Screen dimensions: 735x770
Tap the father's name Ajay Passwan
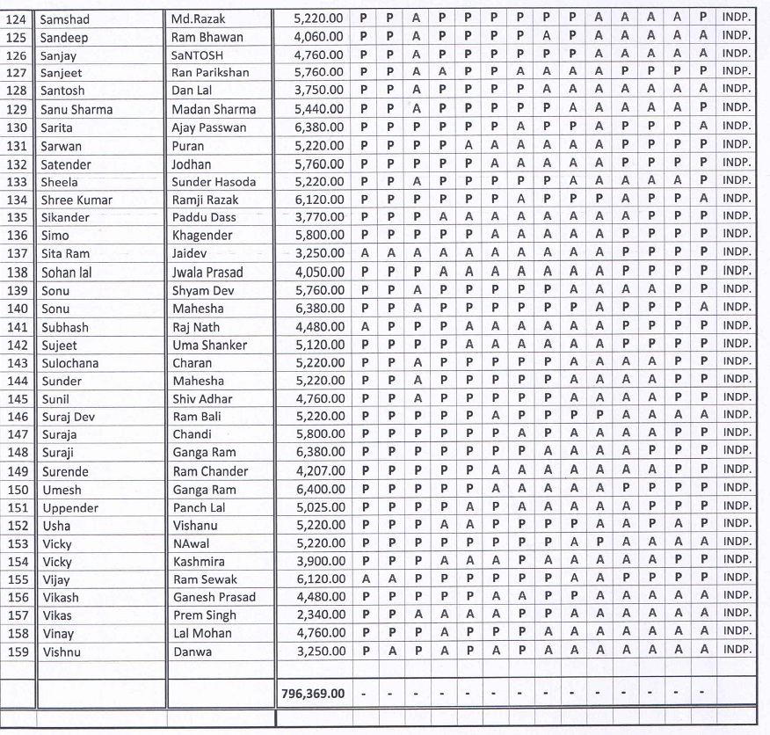209,127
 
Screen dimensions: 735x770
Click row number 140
18,309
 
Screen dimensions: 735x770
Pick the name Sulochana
69,363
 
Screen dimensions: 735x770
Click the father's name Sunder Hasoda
214,182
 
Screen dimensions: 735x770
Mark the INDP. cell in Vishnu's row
736,650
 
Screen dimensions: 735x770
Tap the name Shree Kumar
76,200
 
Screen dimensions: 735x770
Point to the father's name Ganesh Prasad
214,598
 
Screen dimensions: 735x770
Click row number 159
18,651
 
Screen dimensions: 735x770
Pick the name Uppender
70,508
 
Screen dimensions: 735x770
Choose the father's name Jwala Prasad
207,273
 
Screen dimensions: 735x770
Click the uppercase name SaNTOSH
198,55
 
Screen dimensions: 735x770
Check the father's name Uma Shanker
209,346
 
